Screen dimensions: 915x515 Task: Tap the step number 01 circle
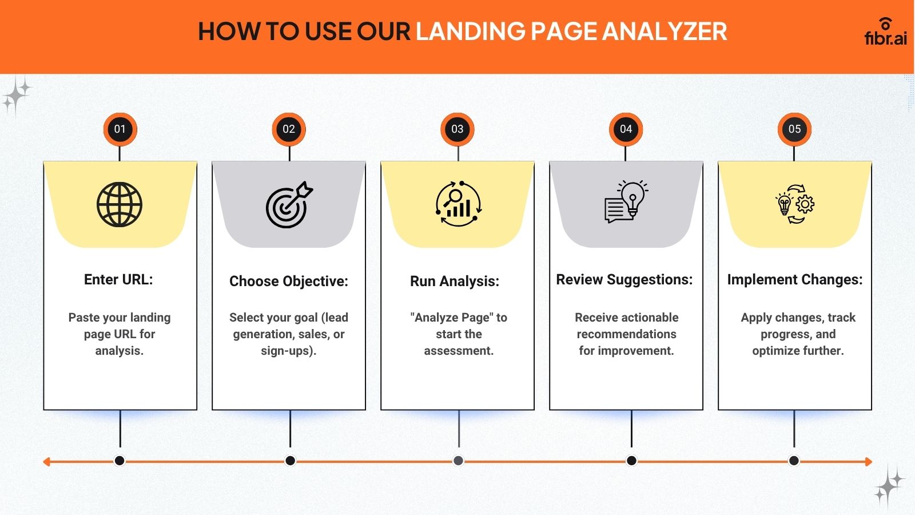(120, 129)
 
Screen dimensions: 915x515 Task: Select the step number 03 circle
(457, 129)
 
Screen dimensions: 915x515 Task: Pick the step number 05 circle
(794, 129)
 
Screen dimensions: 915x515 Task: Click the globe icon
(120, 204)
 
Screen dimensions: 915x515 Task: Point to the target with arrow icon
(289, 204)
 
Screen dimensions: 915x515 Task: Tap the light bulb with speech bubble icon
(626, 201)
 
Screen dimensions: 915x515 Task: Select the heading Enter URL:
(118, 280)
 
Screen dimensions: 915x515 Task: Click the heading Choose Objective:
(289, 281)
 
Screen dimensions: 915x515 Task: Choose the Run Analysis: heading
(455, 281)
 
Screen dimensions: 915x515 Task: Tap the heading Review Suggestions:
(624, 280)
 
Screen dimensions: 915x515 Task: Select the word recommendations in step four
(626, 334)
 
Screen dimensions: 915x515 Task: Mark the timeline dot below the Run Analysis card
(458, 461)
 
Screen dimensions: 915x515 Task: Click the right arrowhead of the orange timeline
(869, 462)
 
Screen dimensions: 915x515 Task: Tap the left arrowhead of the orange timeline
(46, 462)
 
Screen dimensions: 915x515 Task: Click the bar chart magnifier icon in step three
(458, 204)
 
